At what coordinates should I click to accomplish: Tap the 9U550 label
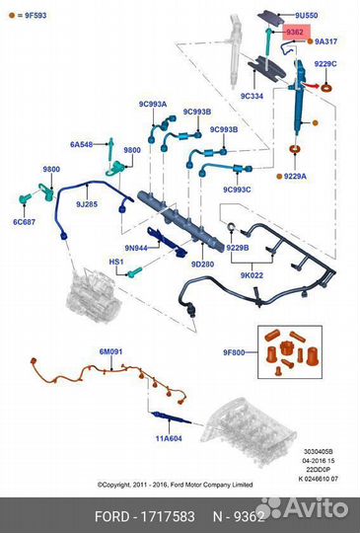tap(306, 15)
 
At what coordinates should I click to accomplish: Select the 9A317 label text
tap(326, 41)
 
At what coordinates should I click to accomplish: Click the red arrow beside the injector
tap(311, 85)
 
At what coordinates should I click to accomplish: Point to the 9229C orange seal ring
tap(326, 88)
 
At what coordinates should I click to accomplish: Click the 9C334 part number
tap(252, 96)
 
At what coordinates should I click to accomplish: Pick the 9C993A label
tap(153, 104)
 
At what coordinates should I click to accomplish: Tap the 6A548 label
tap(82, 144)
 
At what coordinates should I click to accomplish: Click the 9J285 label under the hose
tap(87, 204)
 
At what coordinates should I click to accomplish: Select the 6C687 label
tap(24, 222)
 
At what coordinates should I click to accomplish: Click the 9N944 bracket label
tap(136, 248)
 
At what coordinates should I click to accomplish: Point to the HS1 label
tap(116, 262)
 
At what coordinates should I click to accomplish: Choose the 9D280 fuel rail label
tap(202, 264)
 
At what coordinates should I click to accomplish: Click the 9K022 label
tap(252, 275)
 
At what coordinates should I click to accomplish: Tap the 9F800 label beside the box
tap(234, 352)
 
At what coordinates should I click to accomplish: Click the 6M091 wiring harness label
tap(110, 351)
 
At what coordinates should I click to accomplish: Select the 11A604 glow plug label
tap(169, 438)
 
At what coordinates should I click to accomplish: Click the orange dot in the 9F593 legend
tap(12, 15)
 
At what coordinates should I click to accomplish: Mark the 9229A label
tap(295, 176)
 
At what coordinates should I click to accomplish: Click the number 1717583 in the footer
tap(168, 516)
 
